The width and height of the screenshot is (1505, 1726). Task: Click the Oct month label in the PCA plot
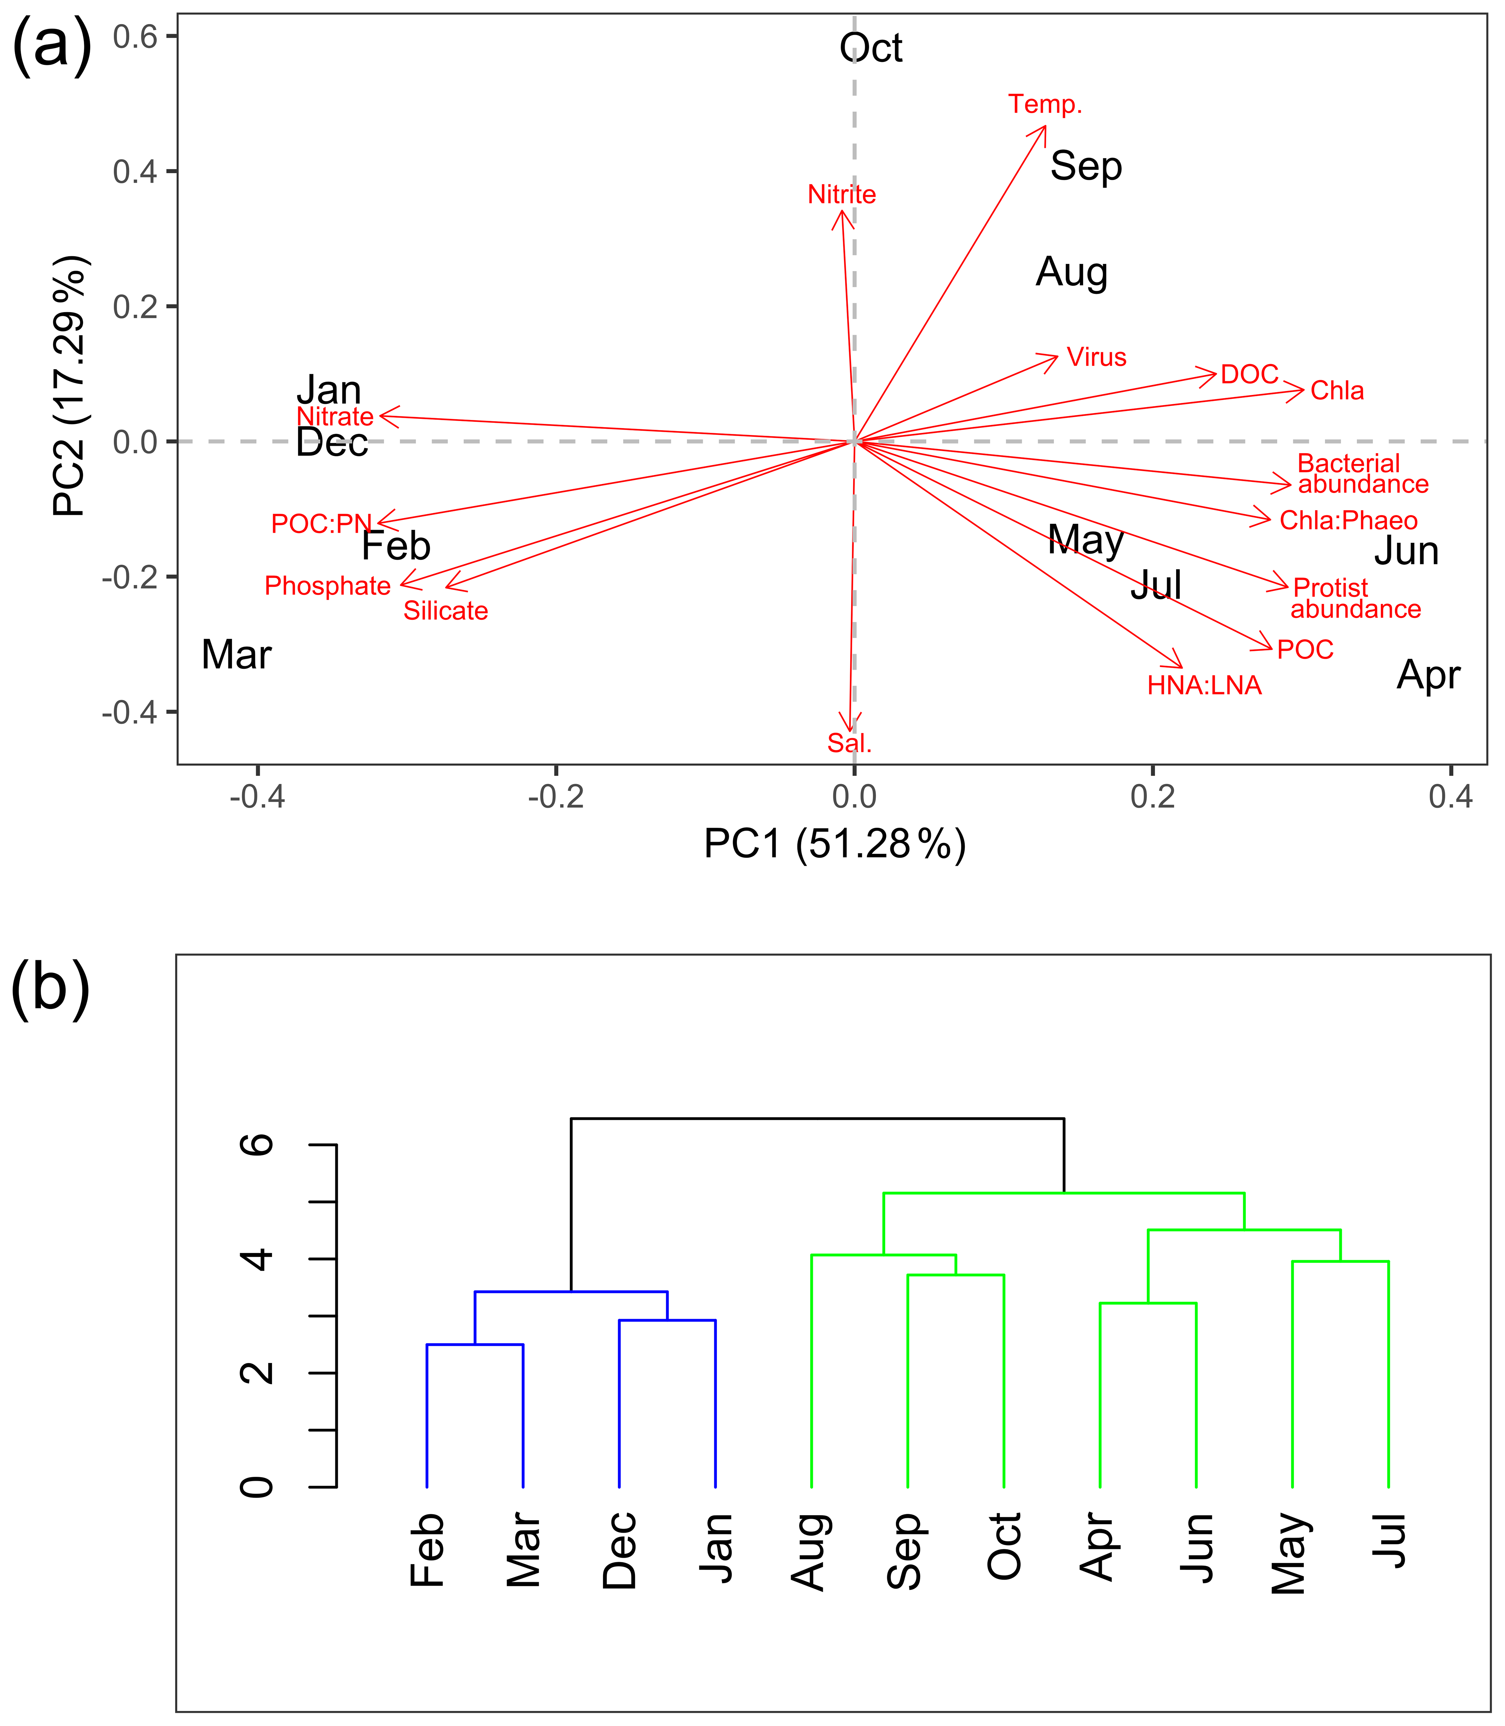tap(871, 49)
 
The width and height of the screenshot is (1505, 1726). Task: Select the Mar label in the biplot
tap(237, 655)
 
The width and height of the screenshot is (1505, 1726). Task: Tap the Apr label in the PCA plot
tap(1428, 675)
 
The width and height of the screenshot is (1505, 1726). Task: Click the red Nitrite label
tap(841, 195)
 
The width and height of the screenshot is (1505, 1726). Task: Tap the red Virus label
tap(1096, 358)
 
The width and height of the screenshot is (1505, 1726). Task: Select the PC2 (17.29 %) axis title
tap(71, 386)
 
